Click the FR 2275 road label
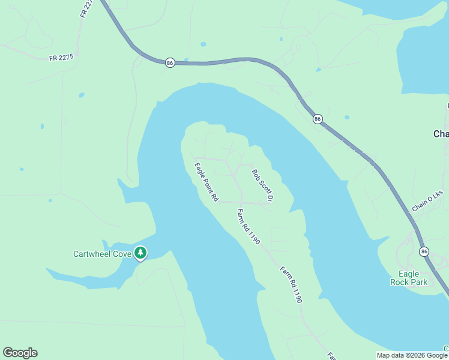pos(61,58)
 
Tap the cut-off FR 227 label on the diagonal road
pos(86,8)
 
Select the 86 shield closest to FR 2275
pos(170,62)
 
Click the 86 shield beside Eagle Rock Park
pos(425,251)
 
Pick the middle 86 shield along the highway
pos(318,119)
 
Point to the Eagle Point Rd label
pos(206,182)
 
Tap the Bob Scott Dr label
pos(263,185)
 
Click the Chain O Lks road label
pos(427,201)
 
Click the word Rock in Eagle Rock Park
pos(400,281)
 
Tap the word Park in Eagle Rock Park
pos(418,281)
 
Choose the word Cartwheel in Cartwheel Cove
pos(94,254)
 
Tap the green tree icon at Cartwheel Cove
pos(140,254)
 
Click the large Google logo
pos(20,353)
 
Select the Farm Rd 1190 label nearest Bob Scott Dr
pos(249,226)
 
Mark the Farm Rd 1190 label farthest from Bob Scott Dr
pos(291,284)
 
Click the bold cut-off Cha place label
pos(441,134)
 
